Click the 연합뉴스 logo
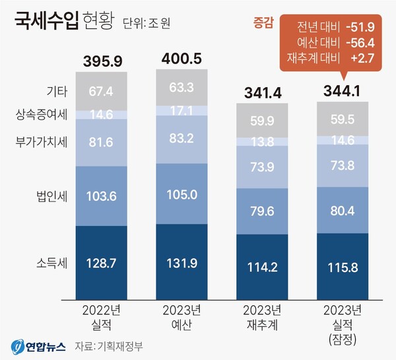click(x=37, y=345)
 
